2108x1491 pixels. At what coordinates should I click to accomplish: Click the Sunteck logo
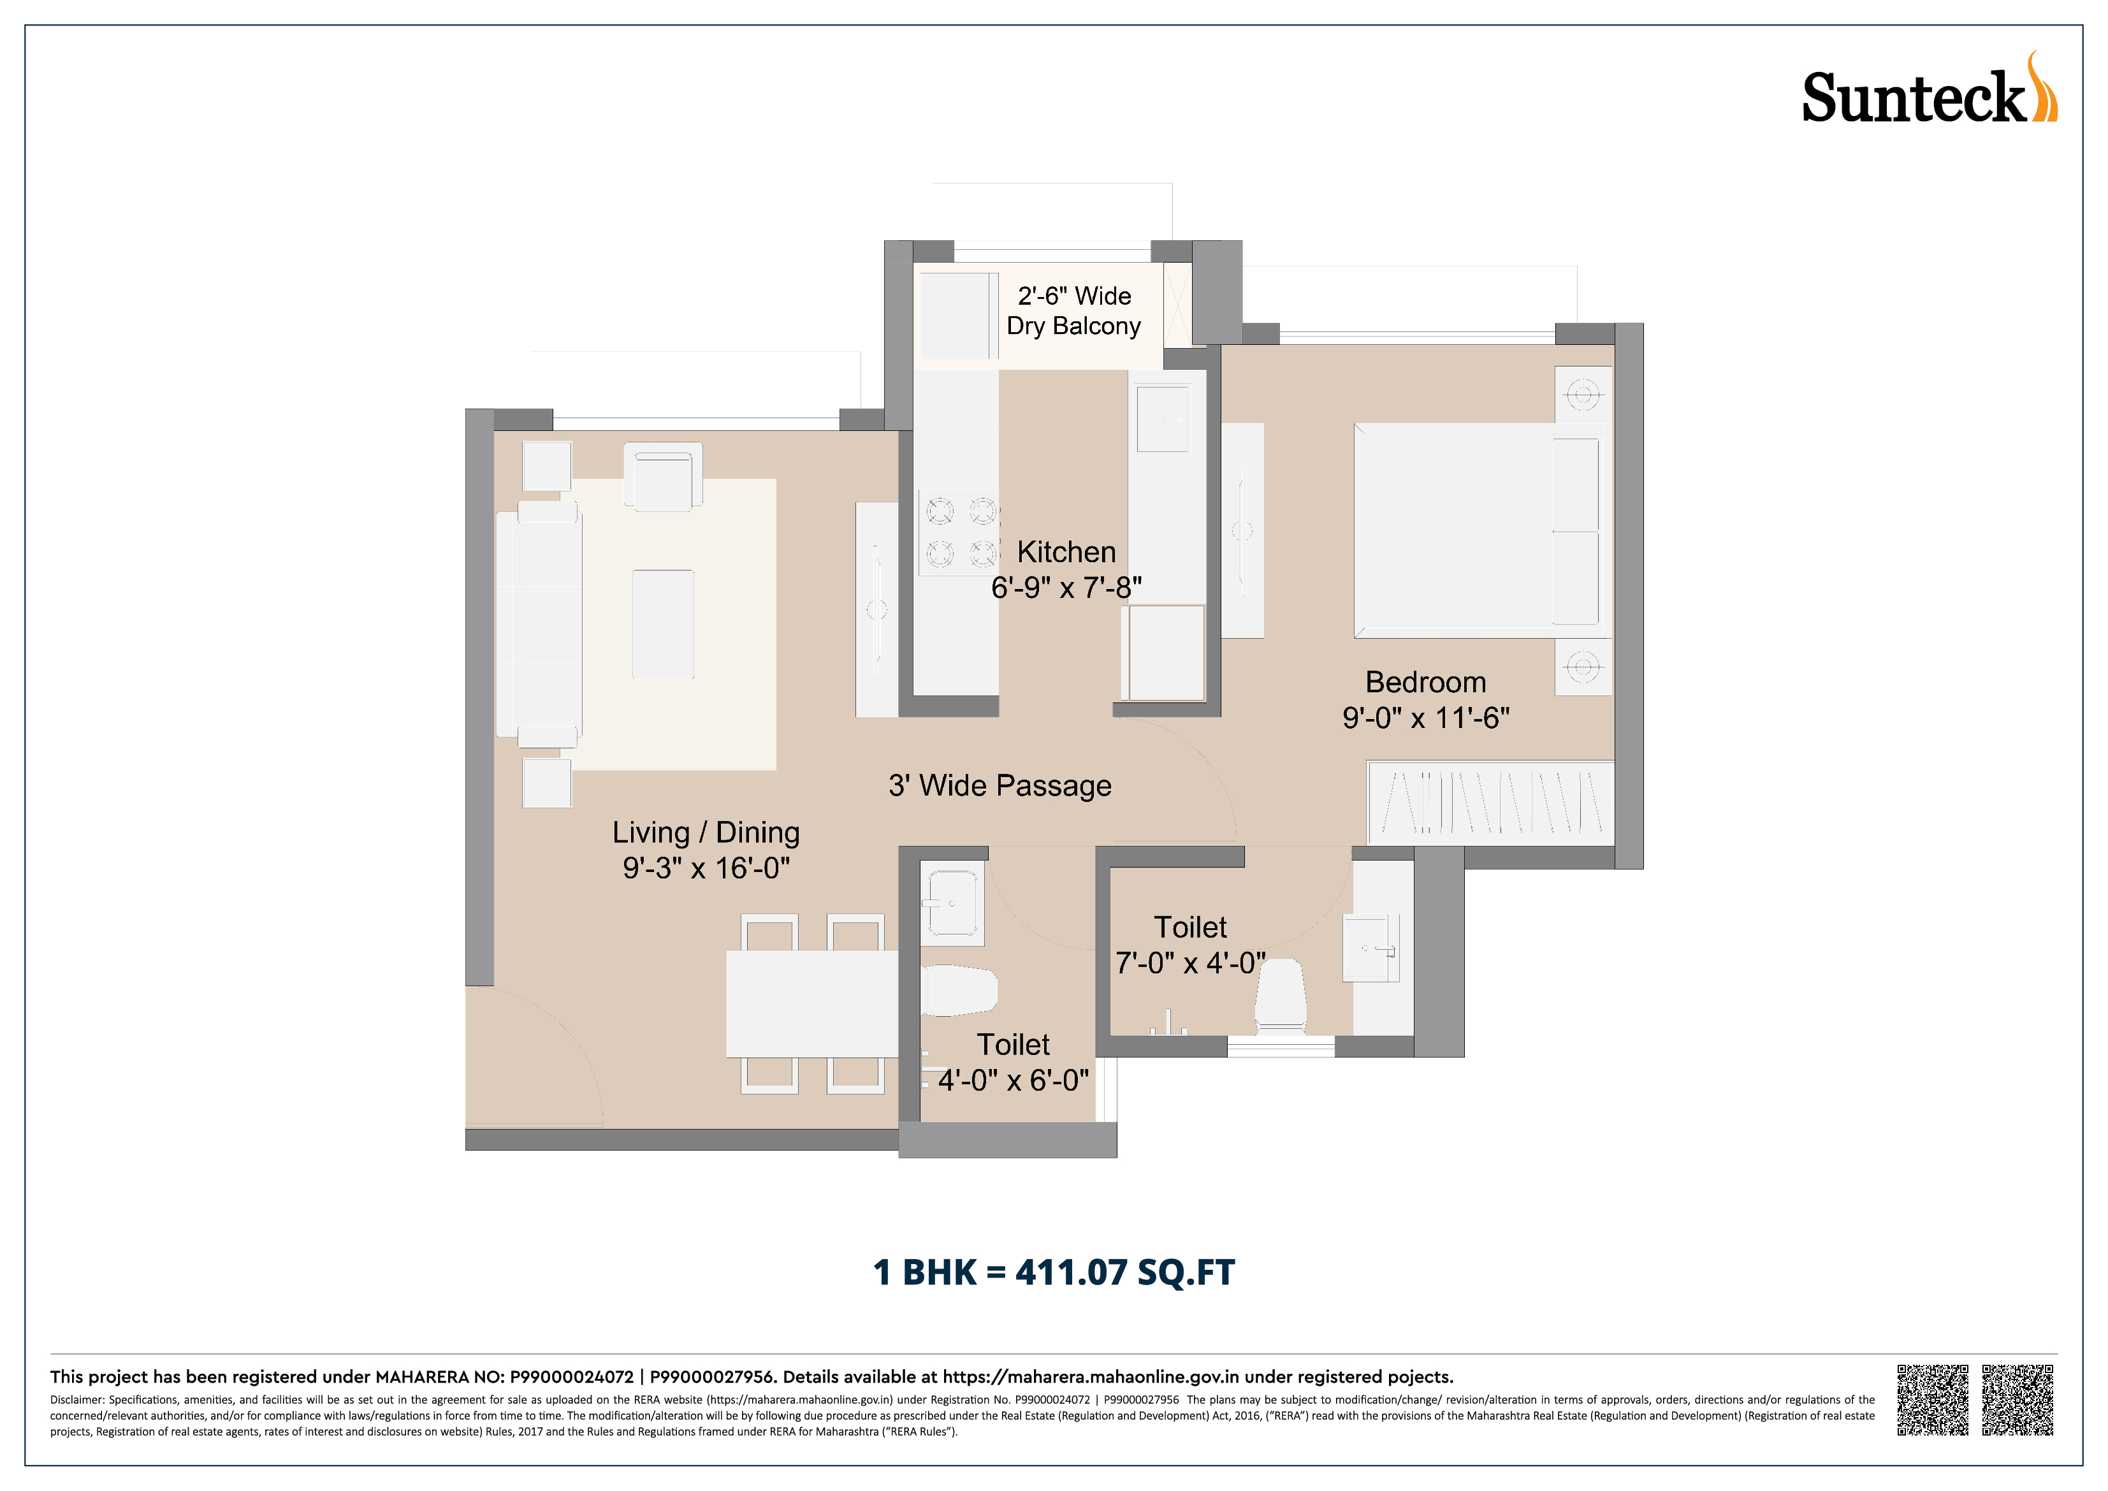point(1930,89)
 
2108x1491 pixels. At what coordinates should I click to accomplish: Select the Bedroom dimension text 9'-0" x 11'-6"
point(1426,718)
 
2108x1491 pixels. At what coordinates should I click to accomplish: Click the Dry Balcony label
point(1073,326)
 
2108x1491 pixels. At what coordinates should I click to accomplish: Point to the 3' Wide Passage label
point(1000,786)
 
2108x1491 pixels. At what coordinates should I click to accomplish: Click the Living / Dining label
point(706,833)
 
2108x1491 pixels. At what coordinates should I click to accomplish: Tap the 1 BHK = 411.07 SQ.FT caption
point(1054,1272)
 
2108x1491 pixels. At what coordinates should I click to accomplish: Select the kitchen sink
point(1163,419)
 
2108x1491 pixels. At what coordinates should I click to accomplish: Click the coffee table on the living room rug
point(663,624)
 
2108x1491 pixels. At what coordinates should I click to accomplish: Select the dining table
point(813,1003)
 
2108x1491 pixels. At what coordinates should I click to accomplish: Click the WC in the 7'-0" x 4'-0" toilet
point(1281,996)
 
